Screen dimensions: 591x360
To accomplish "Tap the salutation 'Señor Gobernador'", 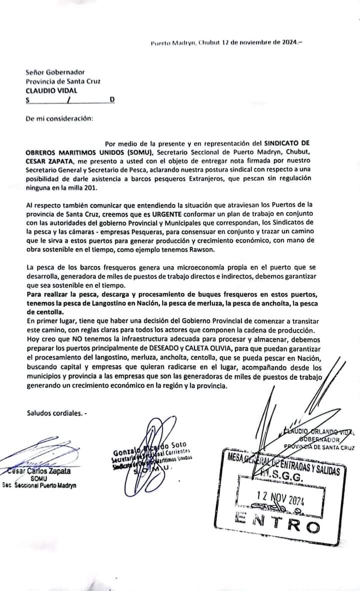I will pyautogui.click(x=55, y=72).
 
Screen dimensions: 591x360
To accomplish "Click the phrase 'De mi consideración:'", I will pyautogui.click(x=59, y=118).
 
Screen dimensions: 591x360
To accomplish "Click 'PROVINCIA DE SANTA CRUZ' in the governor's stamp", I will pyautogui.click(x=318, y=447).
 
